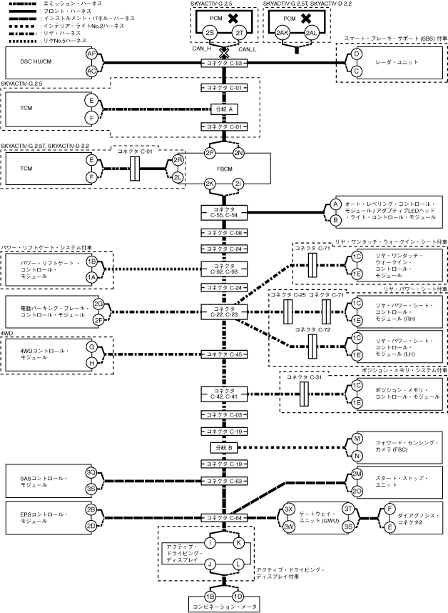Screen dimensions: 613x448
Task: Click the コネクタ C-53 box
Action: click(x=225, y=64)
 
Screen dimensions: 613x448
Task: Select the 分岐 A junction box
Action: click(x=225, y=109)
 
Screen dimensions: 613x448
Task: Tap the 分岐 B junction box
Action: click(x=225, y=447)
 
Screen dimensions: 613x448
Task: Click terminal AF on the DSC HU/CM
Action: click(x=91, y=54)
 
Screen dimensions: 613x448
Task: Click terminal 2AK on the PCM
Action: click(x=282, y=34)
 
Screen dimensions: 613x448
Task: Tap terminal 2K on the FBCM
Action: click(x=210, y=184)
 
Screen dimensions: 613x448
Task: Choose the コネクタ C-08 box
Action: click(x=225, y=233)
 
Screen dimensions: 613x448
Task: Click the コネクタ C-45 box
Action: click(x=225, y=354)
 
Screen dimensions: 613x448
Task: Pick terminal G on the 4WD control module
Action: click(x=91, y=346)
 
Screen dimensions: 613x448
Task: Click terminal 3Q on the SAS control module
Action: click(x=91, y=472)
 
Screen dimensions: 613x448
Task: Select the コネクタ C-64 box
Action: click(x=225, y=517)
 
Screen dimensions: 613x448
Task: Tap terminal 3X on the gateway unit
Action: click(x=289, y=508)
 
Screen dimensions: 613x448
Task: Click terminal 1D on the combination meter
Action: click(x=238, y=596)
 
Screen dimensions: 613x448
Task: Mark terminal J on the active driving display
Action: click(x=211, y=564)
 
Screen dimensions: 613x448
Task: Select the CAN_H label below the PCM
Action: click(x=202, y=49)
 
